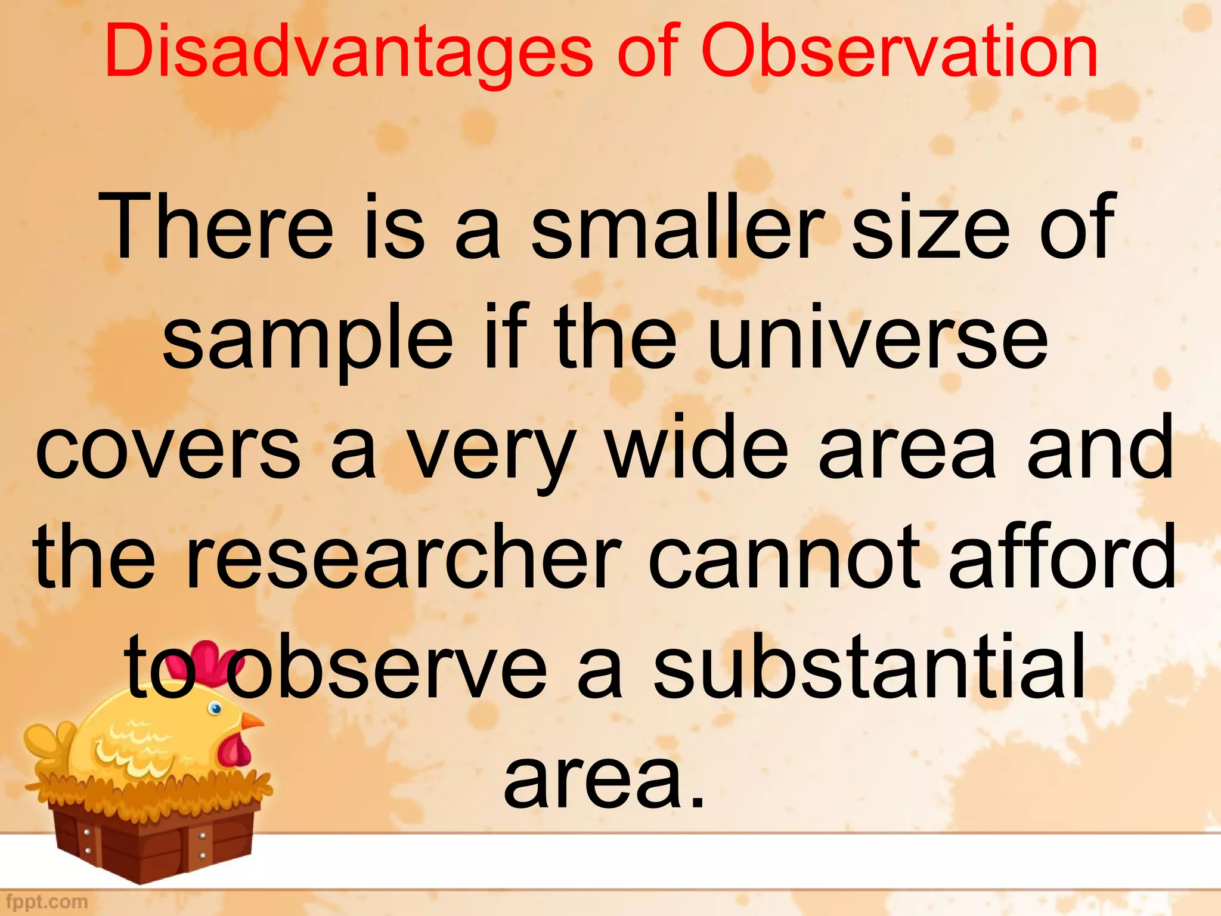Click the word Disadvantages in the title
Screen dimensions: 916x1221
348,52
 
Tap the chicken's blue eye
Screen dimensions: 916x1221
215,708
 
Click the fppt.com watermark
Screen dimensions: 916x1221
47,902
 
